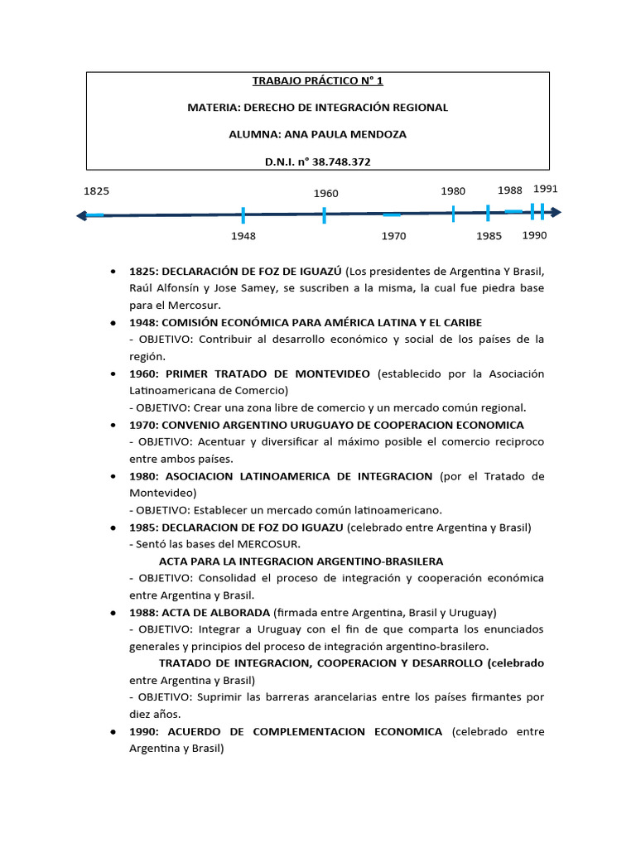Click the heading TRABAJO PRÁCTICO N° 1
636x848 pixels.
[317, 81]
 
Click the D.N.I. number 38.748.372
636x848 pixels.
[339, 162]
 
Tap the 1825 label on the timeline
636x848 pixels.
[96, 191]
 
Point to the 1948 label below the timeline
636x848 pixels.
[243, 236]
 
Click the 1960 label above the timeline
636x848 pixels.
[325, 194]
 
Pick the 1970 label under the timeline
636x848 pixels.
[393, 236]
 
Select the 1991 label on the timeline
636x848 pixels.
[546, 189]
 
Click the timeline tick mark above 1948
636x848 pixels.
[243, 215]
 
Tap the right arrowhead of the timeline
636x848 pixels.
[556, 213]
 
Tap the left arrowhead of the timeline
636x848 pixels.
[81, 216]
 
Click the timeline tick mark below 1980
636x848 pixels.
[454, 214]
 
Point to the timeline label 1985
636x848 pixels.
[489, 236]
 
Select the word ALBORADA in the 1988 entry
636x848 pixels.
[243, 613]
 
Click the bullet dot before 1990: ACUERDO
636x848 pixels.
[112, 732]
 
